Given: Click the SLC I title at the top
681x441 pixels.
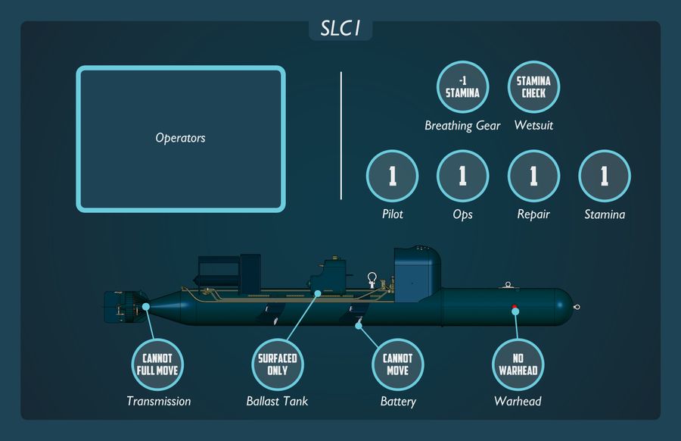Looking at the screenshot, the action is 340,29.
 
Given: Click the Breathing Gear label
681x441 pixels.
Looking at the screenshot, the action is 462,126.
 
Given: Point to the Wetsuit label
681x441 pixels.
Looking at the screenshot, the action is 533,125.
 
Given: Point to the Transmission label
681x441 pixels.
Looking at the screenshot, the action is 159,401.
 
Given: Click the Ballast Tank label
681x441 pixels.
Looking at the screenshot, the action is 277,401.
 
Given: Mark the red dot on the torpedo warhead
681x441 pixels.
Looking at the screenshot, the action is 515,307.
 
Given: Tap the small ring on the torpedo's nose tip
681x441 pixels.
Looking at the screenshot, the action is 577,307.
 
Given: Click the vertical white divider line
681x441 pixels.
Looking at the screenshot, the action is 341,136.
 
